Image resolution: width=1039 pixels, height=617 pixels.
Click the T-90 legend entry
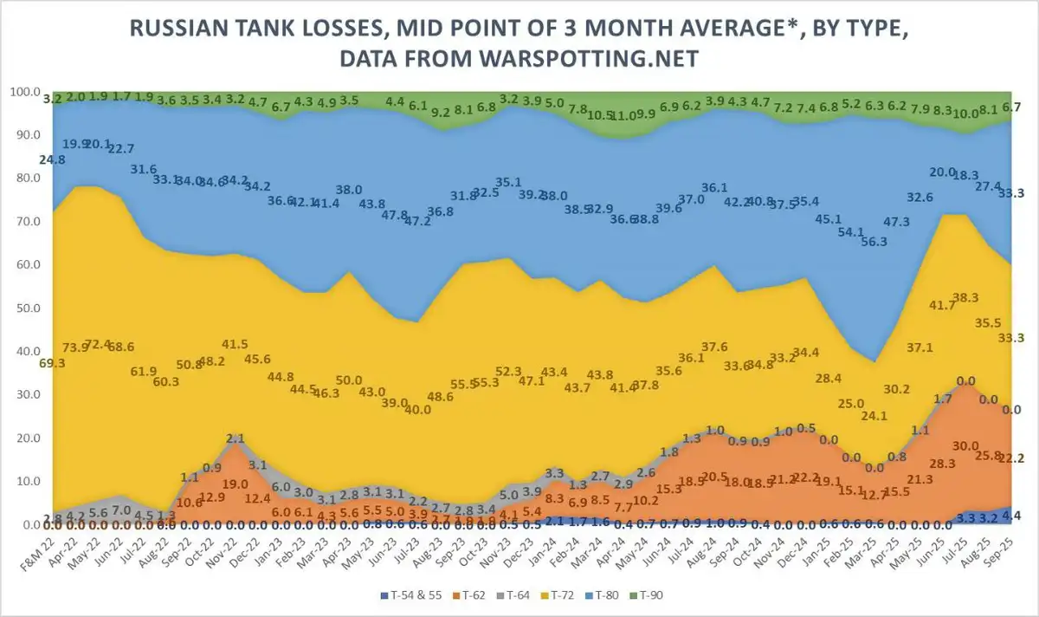[651, 595]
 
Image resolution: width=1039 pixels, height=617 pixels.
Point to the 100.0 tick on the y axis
[24, 92]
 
